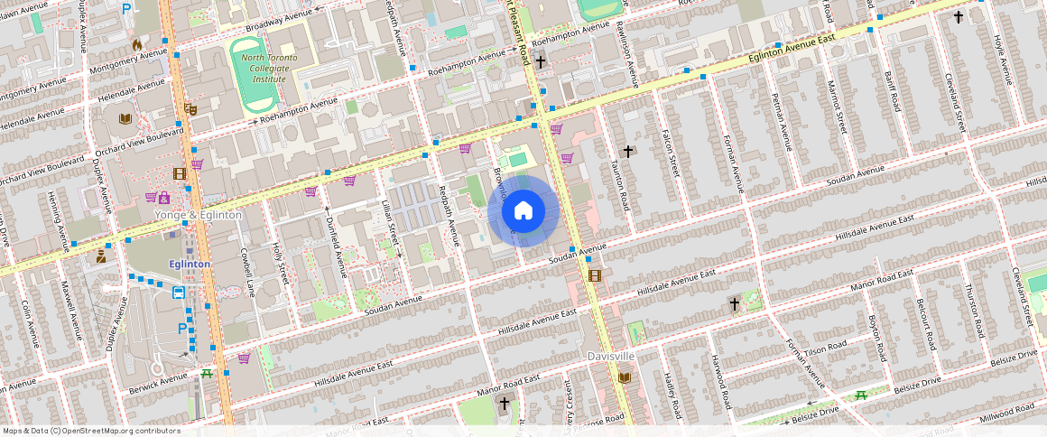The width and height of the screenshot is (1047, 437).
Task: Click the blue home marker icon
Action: click(523, 211)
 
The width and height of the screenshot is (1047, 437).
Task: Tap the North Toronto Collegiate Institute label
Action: click(263, 68)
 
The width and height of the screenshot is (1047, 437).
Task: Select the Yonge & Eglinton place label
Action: click(198, 215)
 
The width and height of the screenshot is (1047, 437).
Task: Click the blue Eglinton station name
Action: click(190, 264)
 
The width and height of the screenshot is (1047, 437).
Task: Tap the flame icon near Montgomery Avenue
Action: click(137, 43)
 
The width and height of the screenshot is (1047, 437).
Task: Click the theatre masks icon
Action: click(190, 108)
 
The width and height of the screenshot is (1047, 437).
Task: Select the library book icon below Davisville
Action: click(624, 377)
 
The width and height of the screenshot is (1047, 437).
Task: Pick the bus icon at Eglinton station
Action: click(179, 293)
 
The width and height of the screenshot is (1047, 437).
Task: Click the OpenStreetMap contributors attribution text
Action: click(91, 431)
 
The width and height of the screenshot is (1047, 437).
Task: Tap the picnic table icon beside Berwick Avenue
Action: click(207, 374)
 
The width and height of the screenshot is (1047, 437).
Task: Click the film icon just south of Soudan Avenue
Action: click(594, 275)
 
